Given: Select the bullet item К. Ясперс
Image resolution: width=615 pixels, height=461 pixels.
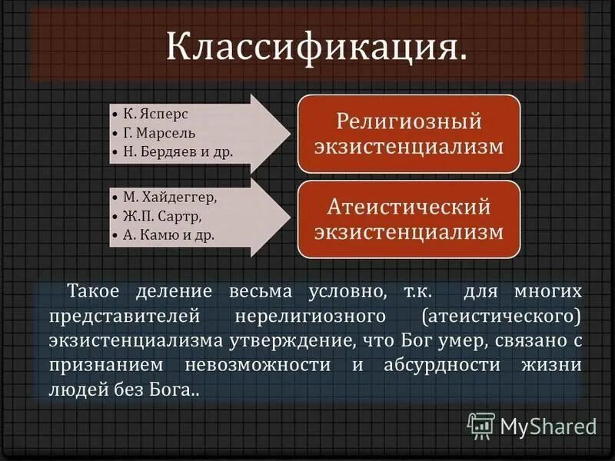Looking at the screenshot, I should coord(156,113).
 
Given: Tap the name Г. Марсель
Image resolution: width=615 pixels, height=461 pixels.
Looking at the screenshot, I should coord(161,132).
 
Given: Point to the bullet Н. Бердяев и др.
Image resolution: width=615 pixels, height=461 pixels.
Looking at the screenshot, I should coord(177,151).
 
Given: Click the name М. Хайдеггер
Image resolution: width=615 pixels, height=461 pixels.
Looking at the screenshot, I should coord(170,197).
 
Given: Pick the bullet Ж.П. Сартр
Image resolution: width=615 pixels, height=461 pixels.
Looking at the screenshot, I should coord(161,216).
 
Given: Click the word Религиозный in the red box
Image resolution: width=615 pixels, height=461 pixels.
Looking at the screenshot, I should coord(408,121).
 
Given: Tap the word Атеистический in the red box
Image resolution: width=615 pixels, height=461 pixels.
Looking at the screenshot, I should coord(408,206).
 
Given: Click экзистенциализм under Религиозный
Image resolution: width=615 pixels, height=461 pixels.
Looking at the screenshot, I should coord(408,145).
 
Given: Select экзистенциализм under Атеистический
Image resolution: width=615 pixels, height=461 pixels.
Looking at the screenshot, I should coord(408,230).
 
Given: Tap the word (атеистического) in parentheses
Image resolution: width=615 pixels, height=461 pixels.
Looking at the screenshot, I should coord(501,317).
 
